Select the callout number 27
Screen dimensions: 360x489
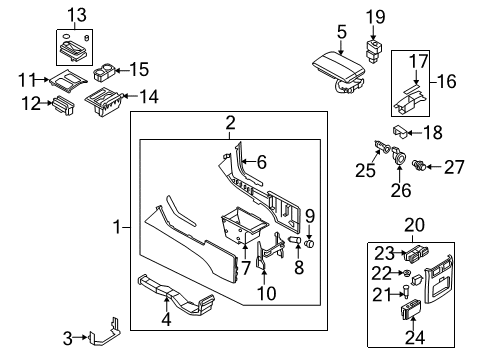[x=456, y=168]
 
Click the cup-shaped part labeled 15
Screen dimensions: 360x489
[x=101, y=72]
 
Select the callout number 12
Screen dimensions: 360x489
[x=30, y=103]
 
